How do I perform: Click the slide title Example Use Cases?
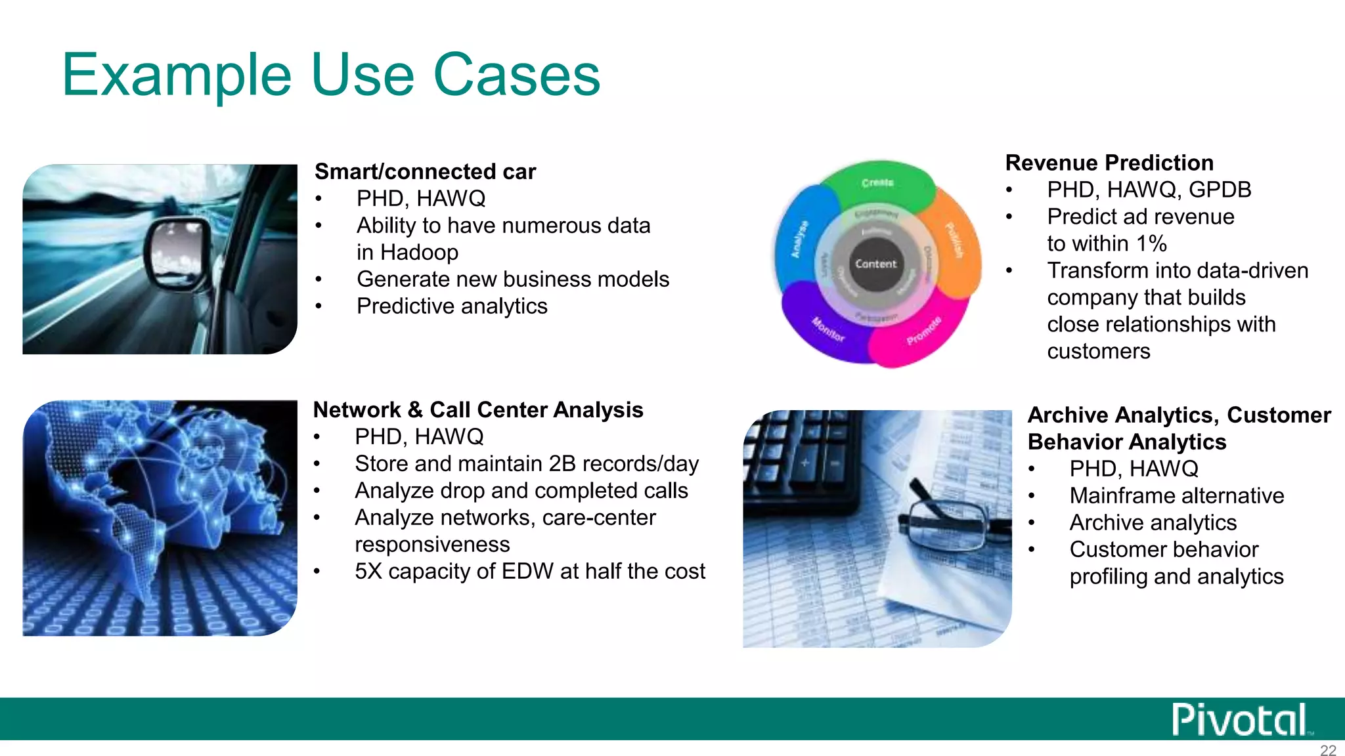click(331, 75)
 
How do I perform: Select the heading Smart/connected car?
click(425, 171)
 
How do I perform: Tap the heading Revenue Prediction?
click(1109, 163)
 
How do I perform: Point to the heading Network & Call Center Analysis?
click(478, 409)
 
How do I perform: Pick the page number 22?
click(1328, 750)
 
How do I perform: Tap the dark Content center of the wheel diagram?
click(875, 264)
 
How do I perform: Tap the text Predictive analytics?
click(452, 306)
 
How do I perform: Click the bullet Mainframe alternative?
click(1176, 495)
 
